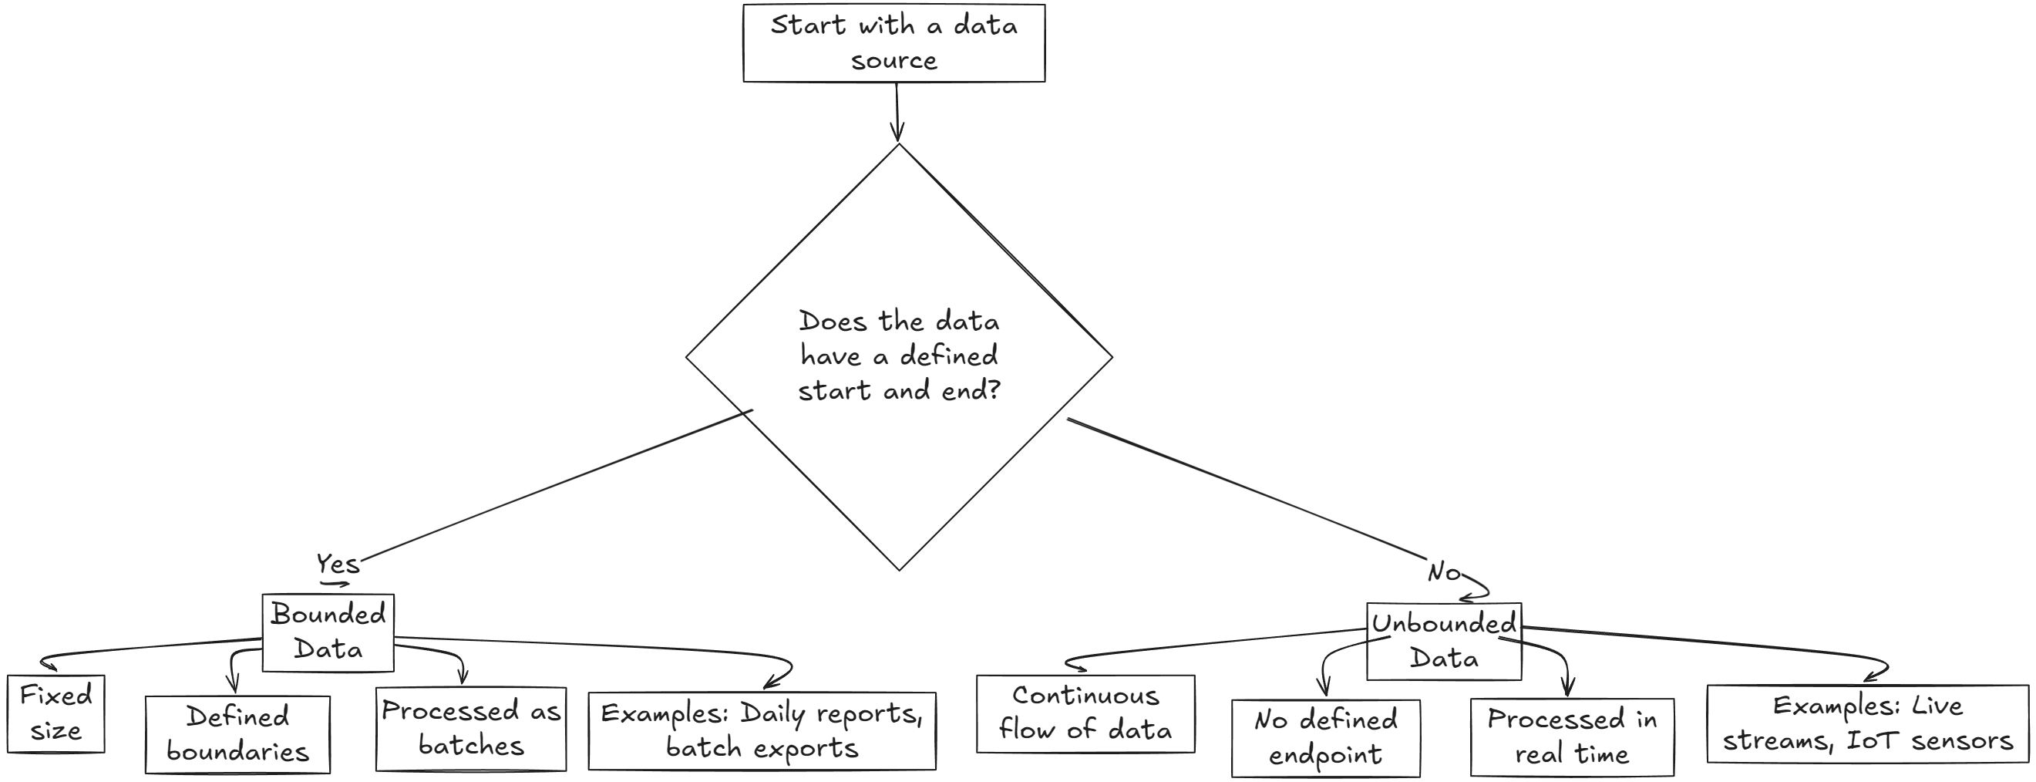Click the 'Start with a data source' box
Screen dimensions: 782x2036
[x=893, y=42]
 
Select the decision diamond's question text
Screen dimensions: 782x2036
[x=899, y=356]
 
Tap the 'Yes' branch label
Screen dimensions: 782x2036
[x=338, y=564]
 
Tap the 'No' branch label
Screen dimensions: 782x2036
[x=1443, y=571]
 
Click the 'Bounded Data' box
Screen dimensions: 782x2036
[x=328, y=632]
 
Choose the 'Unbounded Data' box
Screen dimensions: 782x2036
[x=1443, y=642]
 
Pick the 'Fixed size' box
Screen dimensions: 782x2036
[x=56, y=713]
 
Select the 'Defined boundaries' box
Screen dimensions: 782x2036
[x=237, y=733]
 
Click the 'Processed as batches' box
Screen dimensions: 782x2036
[x=471, y=728]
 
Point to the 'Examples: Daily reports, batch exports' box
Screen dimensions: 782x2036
[x=761, y=730]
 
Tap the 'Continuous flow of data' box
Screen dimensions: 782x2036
[x=1085, y=713]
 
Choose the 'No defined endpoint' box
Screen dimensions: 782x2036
[x=1325, y=738]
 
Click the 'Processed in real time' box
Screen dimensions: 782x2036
[x=1571, y=737]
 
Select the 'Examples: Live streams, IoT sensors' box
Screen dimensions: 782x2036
[x=1867, y=723]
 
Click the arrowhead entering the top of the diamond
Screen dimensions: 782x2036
[x=897, y=134]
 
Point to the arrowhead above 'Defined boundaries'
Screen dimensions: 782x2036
[x=232, y=684]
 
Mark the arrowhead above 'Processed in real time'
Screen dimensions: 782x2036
[x=1569, y=687]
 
